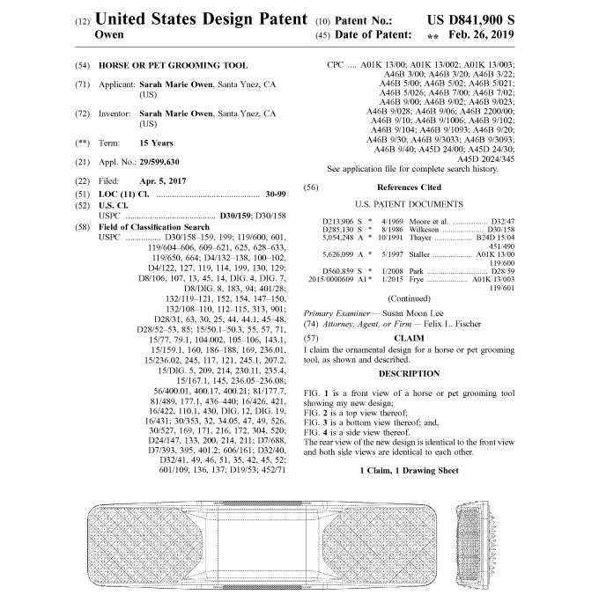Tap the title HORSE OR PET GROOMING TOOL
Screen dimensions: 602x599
[x=166, y=66]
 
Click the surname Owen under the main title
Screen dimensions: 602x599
[x=109, y=35]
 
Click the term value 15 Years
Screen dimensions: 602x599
[x=156, y=143]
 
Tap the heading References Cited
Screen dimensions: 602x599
[x=409, y=187]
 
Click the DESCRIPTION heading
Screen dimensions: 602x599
[x=409, y=373]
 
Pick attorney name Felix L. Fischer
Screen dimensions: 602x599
[x=449, y=324]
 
